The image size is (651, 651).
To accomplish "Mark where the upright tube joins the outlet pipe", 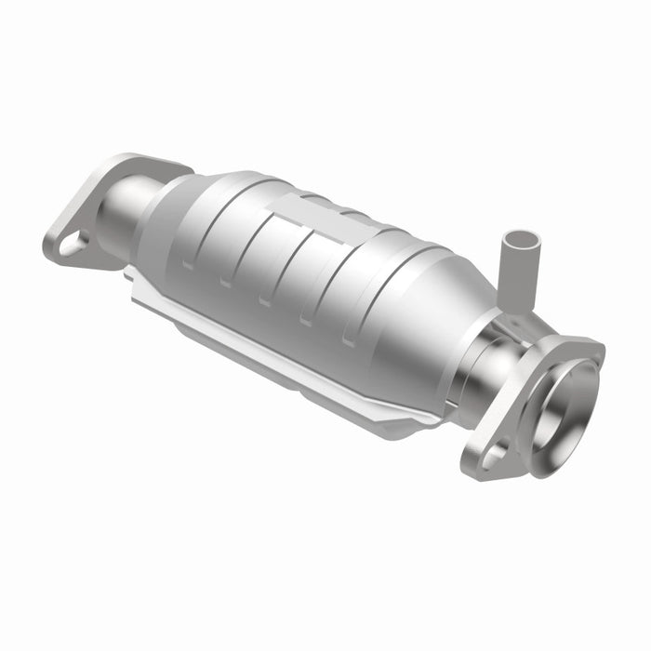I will point(510,312).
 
